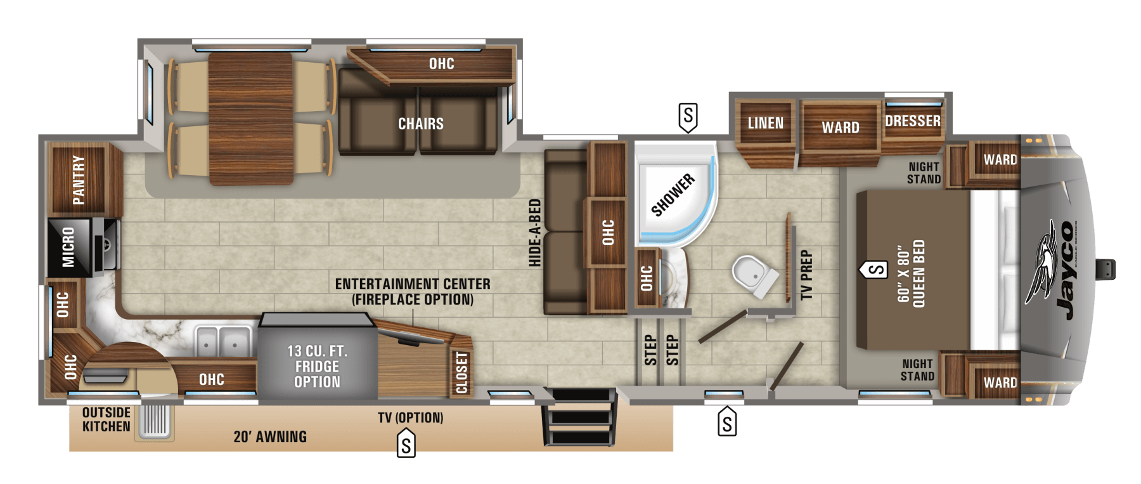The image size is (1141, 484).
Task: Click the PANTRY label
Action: [78, 180]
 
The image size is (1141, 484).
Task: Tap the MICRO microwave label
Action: [68, 247]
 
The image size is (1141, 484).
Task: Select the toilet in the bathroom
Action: [754, 276]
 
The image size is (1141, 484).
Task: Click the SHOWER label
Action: [673, 195]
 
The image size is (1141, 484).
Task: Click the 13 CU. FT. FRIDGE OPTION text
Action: [317, 367]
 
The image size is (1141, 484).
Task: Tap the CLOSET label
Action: [461, 373]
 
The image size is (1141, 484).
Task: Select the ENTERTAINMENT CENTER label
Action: [413, 284]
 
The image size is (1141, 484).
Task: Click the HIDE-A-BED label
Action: [535, 233]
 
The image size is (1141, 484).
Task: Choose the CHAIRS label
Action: [421, 124]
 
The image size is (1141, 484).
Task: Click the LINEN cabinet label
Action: [766, 123]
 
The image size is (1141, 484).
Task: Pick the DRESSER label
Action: [913, 121]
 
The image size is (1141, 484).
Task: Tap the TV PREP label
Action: [806, 275]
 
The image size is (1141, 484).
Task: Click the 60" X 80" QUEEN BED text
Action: [912, 273]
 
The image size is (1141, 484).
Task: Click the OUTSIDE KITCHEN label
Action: [106, 420]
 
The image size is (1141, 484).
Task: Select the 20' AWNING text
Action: [270, 437]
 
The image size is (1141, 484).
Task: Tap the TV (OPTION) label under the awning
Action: [411, 417]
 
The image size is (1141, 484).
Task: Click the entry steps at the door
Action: [579, 417]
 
